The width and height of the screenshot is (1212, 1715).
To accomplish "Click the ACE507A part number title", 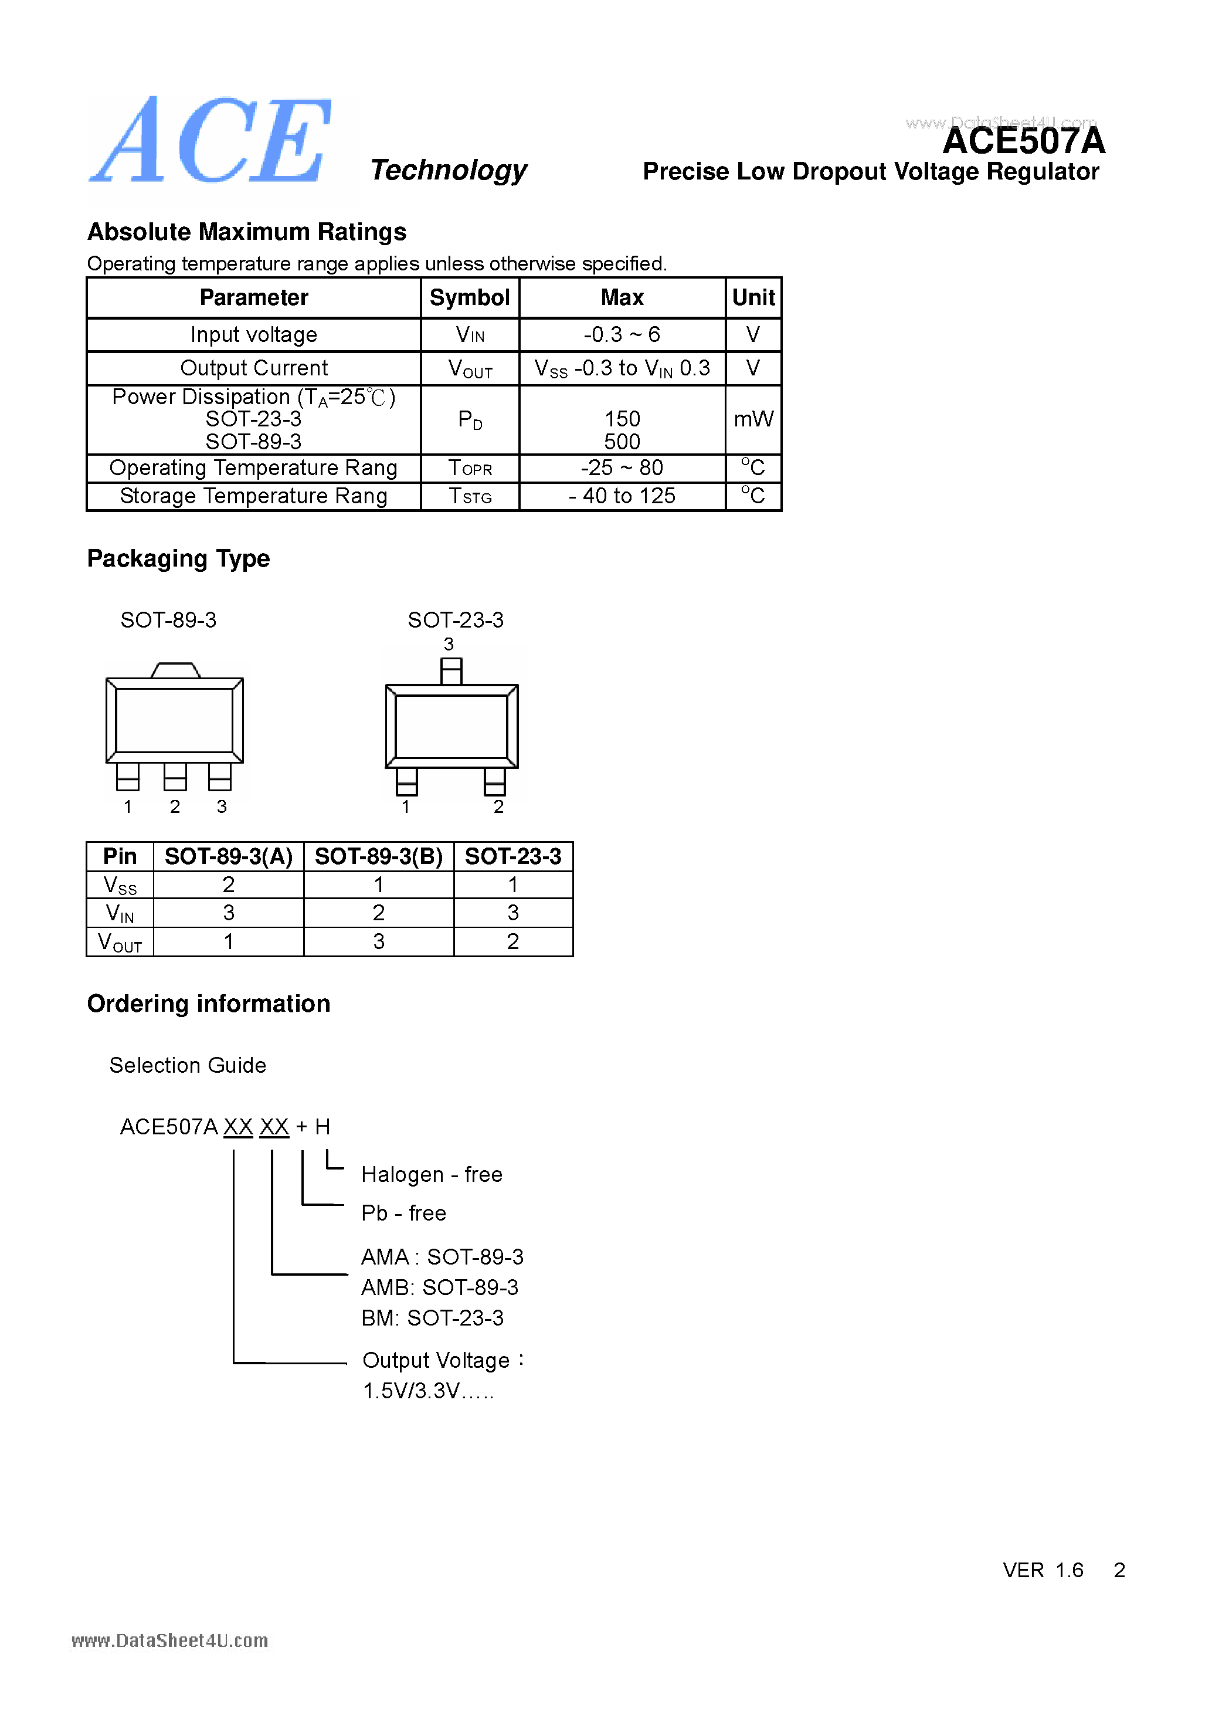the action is point(1023,141).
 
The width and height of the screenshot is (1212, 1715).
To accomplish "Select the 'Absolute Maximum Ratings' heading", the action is point(246,232).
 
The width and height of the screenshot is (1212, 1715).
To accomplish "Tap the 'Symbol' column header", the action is point(469,297).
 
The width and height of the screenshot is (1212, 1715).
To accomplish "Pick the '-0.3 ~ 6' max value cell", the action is point(622,335).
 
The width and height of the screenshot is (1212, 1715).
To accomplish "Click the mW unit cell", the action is point(753,419).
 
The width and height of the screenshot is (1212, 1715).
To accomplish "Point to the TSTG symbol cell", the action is point(470,496).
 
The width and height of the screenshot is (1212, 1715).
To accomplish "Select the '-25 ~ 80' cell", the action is point(622,467).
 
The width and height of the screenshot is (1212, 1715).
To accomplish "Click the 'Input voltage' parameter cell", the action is point(253,335).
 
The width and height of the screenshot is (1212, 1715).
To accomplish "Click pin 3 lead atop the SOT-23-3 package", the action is point(451,671).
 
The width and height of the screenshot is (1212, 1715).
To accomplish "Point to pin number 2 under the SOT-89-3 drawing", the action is point(175,806).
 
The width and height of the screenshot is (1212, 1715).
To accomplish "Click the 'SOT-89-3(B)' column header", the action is point(379,857).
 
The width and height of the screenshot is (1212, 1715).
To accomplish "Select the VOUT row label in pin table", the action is point(120,942).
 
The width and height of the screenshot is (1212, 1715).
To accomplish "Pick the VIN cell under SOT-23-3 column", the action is point(512,913).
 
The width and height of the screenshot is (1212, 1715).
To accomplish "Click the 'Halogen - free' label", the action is point(432,1174).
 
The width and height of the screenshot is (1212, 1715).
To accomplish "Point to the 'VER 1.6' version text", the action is point(1043,1570).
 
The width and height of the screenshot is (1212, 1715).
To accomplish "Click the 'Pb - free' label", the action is point(403,1213).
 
